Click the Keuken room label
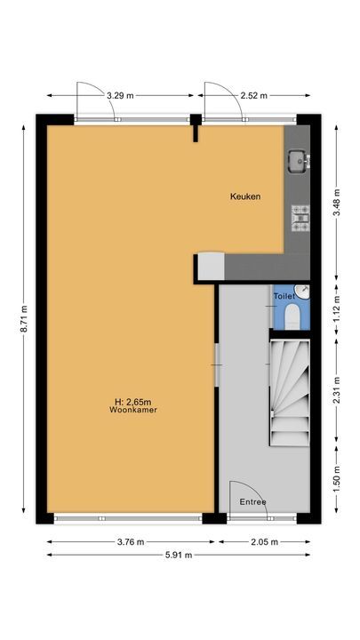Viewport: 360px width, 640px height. coord(244,197)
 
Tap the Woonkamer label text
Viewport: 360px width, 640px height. coord(128,411)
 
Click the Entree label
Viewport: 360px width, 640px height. coord(252,502)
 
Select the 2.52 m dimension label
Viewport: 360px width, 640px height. coord(253,94)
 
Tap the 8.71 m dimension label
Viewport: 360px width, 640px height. coord(24,319)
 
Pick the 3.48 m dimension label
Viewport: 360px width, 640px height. coord(336,195)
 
